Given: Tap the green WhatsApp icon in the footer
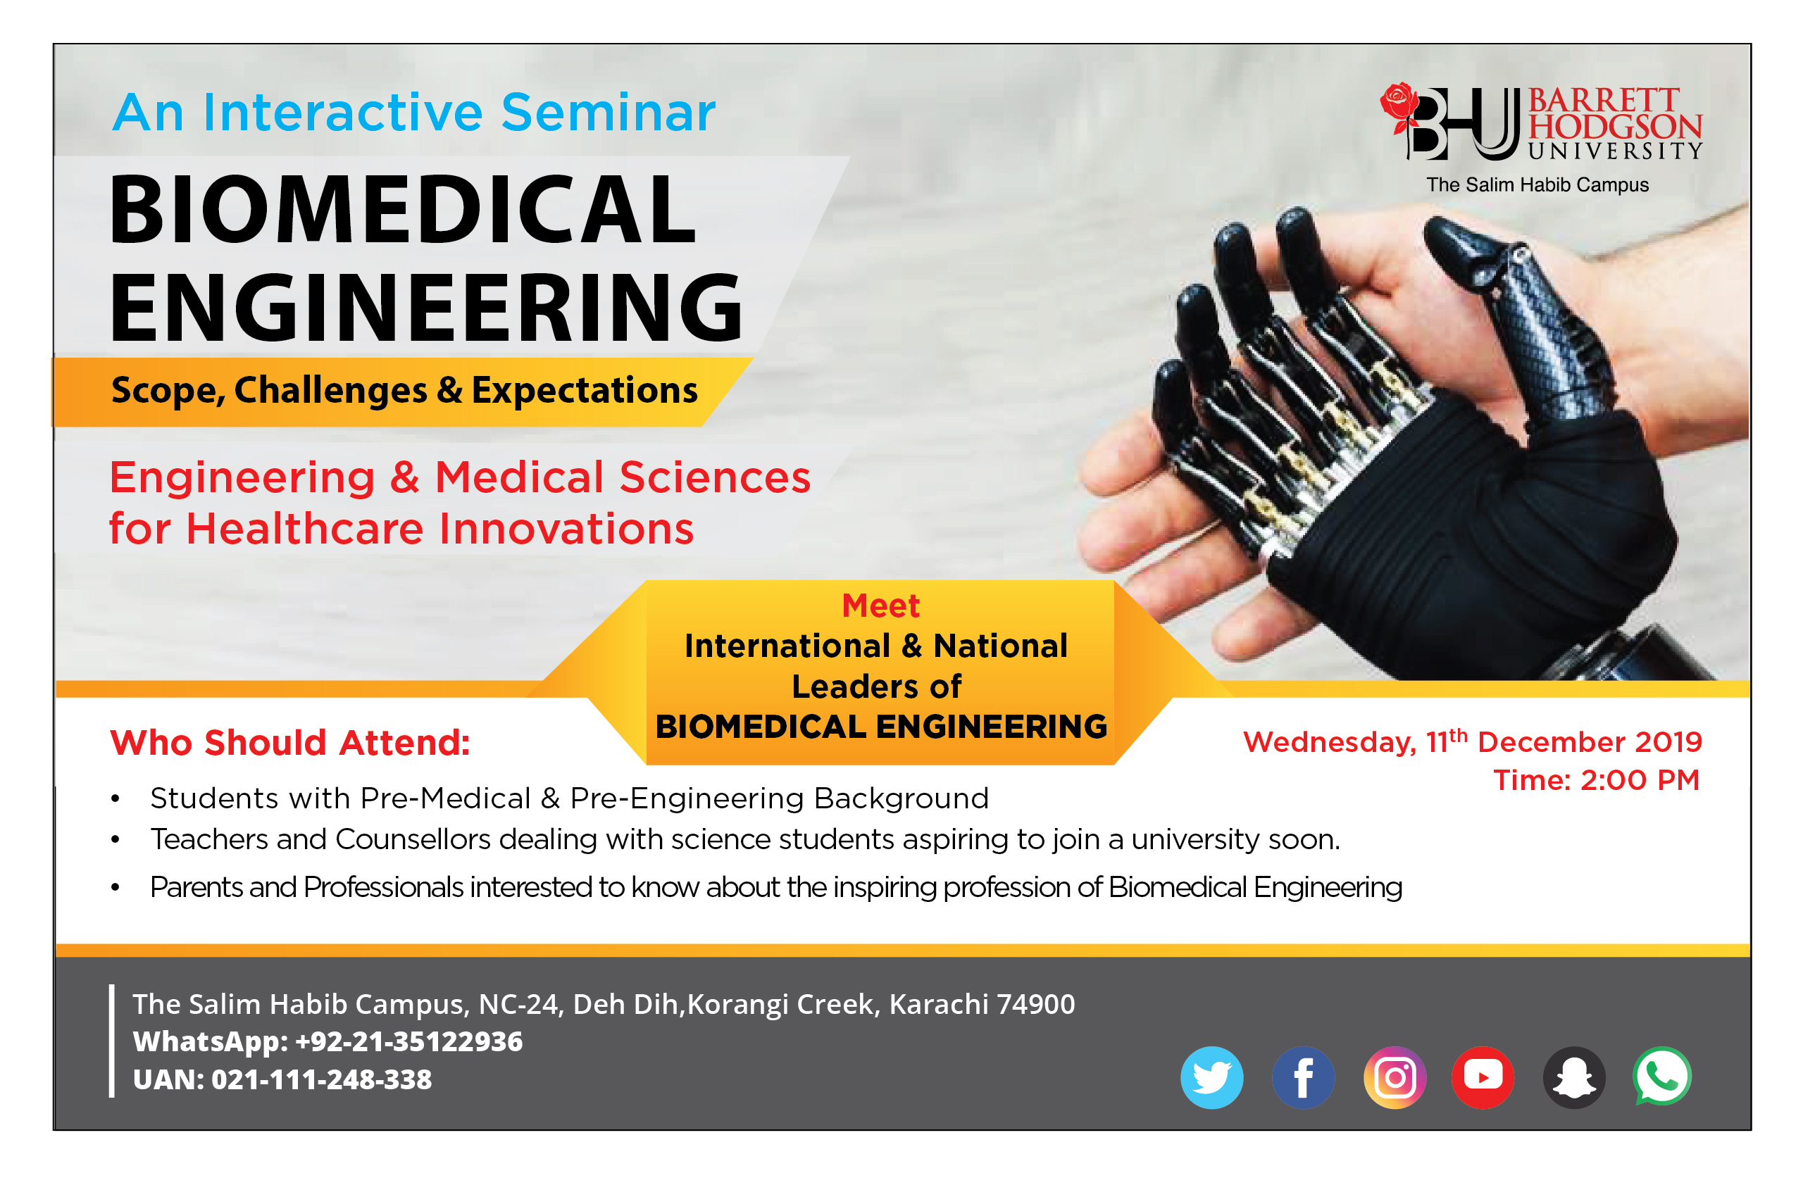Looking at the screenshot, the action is (1662, 1076).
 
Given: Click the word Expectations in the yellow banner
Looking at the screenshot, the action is (584, 390).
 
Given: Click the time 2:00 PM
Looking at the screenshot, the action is (1640, 780).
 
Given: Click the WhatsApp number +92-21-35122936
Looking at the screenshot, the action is (408, 1041).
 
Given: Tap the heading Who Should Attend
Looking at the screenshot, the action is (290, 742).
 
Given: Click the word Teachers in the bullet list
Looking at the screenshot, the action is (209, 839).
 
